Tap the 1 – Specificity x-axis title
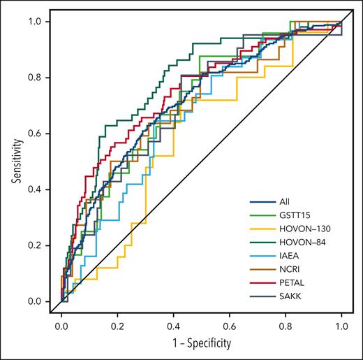click(x=201, y=345)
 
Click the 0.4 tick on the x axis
click(x=173, y=326)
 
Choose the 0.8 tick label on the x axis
click(x=286, y=326)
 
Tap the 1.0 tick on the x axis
click(x=341, y=326)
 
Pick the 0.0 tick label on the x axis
click(x=61, y=326)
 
